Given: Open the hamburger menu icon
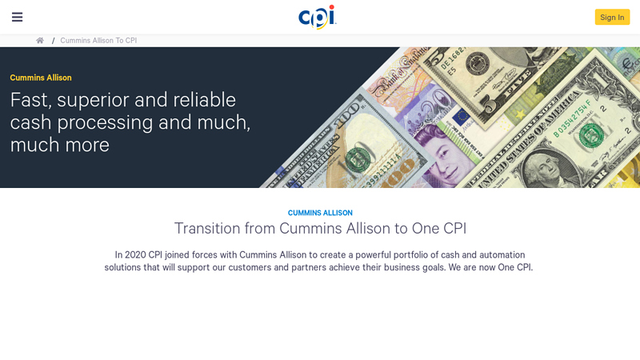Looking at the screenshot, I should pos(17,17).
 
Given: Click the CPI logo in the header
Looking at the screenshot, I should pos(317,17).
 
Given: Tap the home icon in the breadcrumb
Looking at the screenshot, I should pos(40,41).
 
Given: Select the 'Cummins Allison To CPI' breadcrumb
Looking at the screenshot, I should pos(98,41).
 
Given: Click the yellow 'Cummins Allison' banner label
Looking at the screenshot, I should pos(41,78).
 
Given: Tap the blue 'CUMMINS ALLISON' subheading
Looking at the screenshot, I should pos(320,213).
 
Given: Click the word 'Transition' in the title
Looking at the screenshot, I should pos(207,228).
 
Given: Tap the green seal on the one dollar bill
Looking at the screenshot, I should pos(592,134).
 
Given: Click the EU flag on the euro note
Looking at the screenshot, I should pos(461,118).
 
